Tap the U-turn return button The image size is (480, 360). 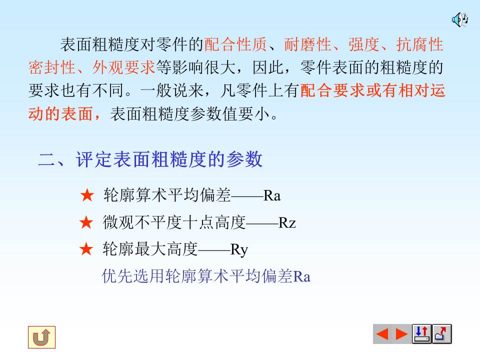coord(41,337)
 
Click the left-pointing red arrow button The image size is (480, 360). coord(382,334)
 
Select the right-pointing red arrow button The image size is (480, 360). coord(401,334)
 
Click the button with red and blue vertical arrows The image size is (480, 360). coord(421,334)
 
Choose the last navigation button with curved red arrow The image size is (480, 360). coord(441,334)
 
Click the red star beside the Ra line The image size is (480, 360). coord(87,195)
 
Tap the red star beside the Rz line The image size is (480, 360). coord(87,222)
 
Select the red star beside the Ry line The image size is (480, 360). coord(87,249)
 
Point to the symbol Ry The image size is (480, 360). coord(239,249)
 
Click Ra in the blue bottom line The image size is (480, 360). coord(301,276)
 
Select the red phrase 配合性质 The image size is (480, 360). coord(236,45)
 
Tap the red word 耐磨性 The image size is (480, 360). coord(308,45)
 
